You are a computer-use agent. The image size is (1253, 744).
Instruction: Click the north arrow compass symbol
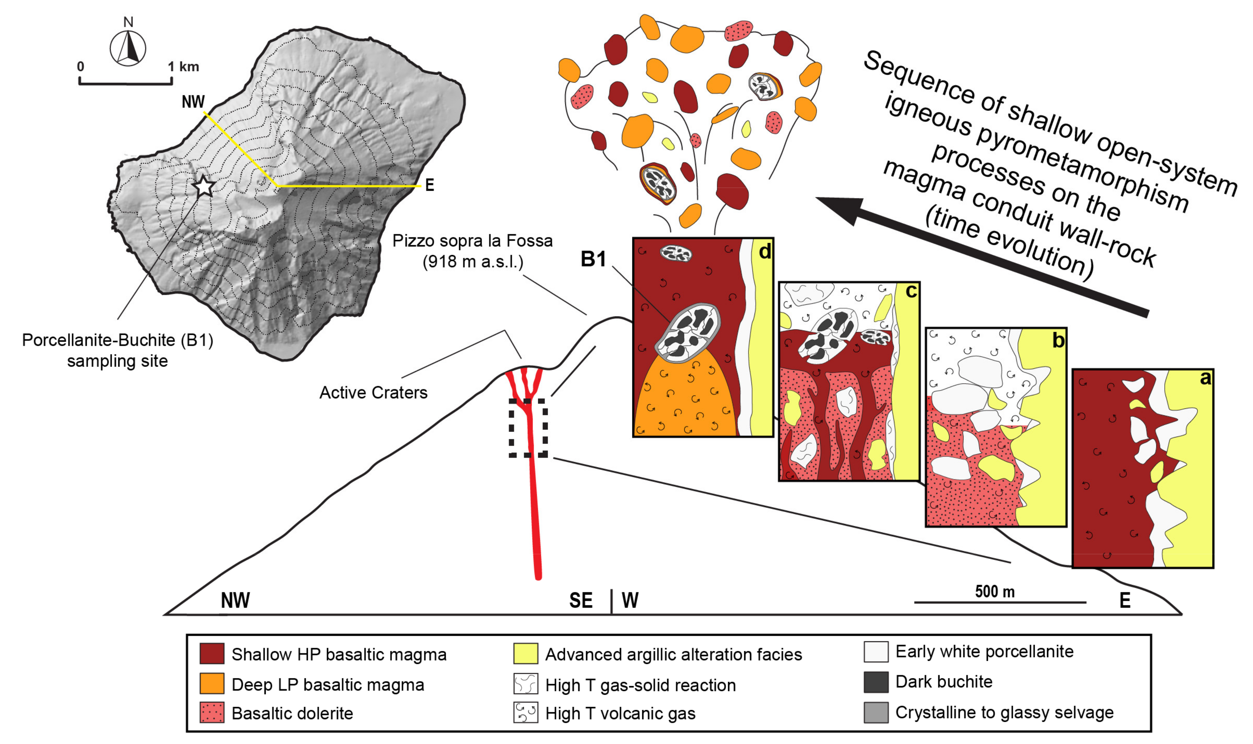click(x=128, y=49)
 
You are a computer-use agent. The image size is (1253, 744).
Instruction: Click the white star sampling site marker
click(x=204, y=186)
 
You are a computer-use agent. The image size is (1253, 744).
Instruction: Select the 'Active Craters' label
click(x=373, y=392)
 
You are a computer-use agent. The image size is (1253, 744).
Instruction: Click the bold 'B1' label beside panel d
click(x=593, y=259)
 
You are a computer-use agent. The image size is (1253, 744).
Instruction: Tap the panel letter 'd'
click(x=764, y=251)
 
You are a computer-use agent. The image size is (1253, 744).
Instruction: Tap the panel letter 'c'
click(x=911, y=291)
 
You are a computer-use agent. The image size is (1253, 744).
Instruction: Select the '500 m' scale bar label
click(x=994, y=592)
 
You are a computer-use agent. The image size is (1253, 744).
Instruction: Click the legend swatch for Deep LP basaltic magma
click(x=212, y=684)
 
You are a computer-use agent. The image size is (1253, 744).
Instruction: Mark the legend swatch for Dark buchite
click(x=876, y=682)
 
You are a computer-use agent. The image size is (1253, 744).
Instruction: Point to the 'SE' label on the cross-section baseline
click(x=581, y=600)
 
